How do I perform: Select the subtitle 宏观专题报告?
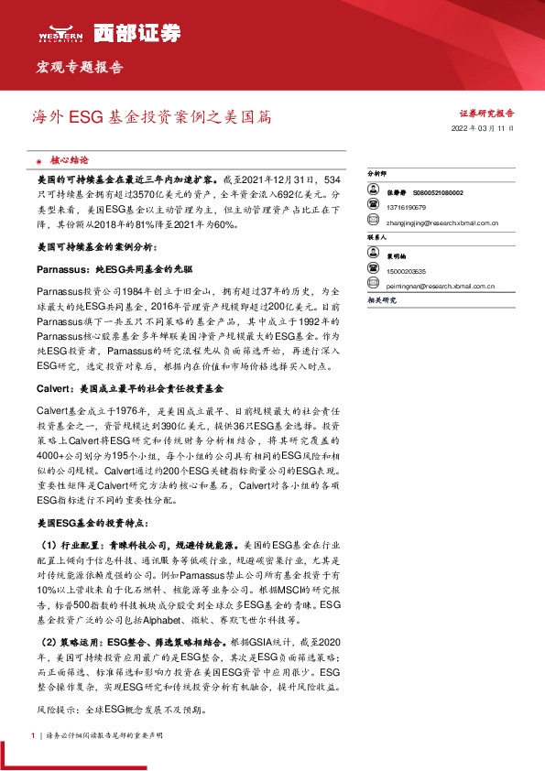pyautogui.click(x=79, y=67)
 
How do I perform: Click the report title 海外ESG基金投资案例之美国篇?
pyautogui.click(x=151, y=117)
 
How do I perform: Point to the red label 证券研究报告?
pyautogui.click(x=485, y=114)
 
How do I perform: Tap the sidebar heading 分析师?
pyautogui.click(x=377, y=172)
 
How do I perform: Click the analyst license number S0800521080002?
pyautogui.click(x=432, y=193)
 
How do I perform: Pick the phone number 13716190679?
pyautogui.click(x=408, y=207)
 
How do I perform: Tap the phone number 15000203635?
pyautogui.click(x=408, y=271)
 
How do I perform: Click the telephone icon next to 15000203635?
pyautogui.click(x=373, y=271)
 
